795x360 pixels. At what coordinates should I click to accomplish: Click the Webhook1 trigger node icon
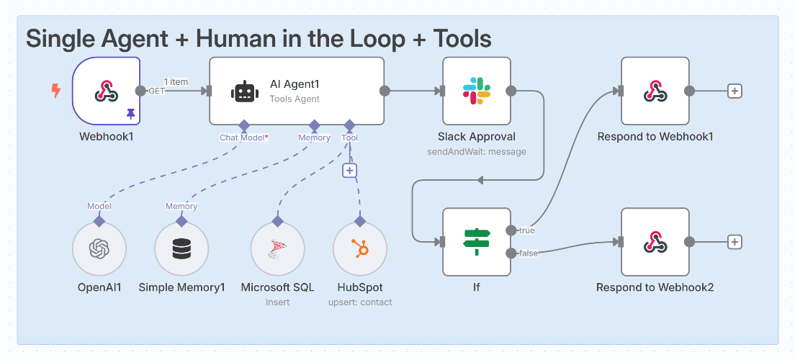[107, 91]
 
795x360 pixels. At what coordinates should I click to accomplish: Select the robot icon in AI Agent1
[244, 91]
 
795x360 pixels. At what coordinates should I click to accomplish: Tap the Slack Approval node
[476, 91]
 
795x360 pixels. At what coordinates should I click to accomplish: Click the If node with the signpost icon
[476, 242]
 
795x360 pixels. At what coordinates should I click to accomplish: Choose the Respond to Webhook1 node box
[655, 91]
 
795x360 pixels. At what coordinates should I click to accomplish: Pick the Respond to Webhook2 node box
[655, 242]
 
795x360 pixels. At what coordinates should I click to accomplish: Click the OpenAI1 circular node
[99, 249]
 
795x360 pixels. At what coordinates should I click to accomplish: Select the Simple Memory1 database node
[182, 249]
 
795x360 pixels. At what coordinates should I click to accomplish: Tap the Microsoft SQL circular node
[277, 249]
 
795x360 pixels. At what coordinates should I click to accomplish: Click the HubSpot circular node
[360, 249]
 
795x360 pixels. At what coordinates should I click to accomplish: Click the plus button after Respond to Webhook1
[735, 91]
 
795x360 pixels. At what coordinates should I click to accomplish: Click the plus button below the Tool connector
[349, 171]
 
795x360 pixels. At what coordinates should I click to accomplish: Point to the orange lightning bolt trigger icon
[55, 91]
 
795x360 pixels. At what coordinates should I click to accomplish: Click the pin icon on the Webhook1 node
[130, 113]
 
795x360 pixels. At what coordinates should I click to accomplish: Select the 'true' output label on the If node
[526, 230]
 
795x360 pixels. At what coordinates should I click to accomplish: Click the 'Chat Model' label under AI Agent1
[243, 138]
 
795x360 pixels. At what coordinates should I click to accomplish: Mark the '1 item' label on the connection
[176, 81]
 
